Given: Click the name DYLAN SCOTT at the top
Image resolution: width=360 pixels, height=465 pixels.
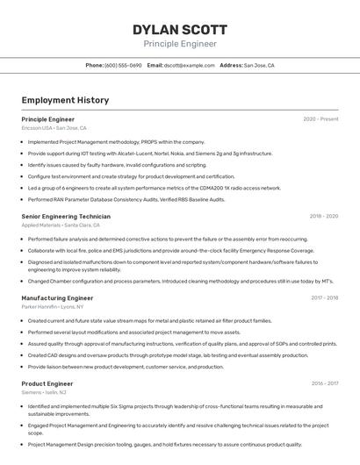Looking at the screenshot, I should click(180, 29).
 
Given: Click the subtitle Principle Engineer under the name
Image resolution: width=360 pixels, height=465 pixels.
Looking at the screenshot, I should click(180, 44).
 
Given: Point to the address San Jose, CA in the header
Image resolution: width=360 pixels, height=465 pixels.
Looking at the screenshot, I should click(259, 65).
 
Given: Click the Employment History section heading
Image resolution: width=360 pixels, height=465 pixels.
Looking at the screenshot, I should click(65, 100).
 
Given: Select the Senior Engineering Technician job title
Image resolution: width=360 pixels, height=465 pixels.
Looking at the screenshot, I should click(66, 216).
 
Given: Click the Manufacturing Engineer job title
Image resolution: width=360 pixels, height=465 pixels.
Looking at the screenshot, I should click(57, 298).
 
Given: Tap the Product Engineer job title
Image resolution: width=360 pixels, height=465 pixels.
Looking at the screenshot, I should click(47, 383).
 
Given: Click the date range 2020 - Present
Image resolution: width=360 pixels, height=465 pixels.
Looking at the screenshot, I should click(320, 119).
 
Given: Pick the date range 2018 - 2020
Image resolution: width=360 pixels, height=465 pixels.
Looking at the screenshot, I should click(324, 216).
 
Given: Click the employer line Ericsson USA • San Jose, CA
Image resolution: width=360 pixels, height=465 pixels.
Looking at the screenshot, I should click(54, 128).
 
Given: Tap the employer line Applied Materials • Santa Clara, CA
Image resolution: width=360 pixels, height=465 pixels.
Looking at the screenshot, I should click(66, 225).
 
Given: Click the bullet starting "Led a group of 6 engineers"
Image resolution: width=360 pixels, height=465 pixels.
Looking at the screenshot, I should click(155, 188).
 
